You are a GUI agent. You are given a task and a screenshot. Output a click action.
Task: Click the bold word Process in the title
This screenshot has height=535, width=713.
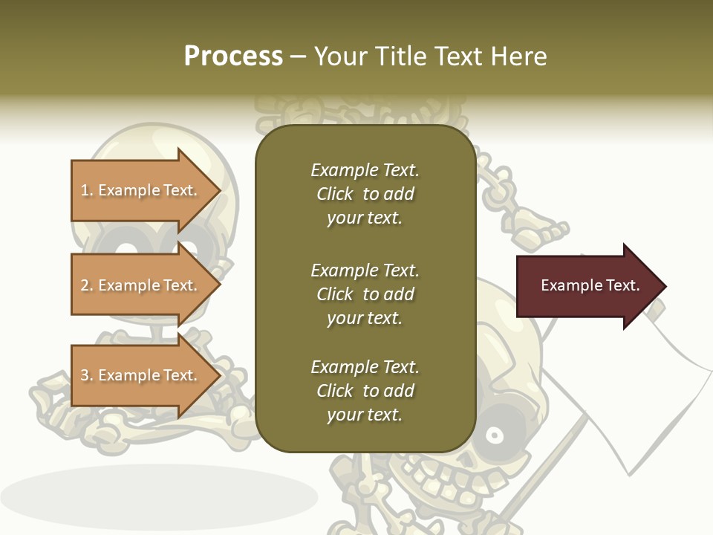click(x=233, y=56)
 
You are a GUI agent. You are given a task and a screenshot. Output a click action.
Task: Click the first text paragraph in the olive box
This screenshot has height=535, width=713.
click(x=365, y=194)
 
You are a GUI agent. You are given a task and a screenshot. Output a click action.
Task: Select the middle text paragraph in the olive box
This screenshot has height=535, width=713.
click(x=365, y=294)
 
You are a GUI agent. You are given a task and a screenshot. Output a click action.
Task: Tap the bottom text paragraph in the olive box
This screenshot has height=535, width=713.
click(x=365, y=391)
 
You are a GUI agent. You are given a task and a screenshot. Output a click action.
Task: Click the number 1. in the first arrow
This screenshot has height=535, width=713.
click(x=87, y=190)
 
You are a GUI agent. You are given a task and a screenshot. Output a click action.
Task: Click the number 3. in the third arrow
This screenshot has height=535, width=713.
click(x=87, y=375)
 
